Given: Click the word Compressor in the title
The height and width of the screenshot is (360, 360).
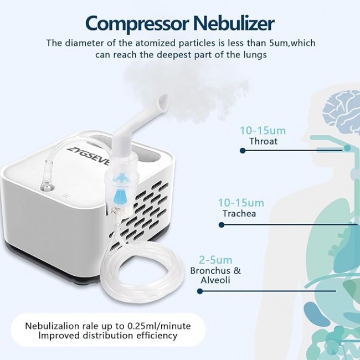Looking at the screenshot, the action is point(137,24).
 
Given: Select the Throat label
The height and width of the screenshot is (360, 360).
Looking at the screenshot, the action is point(263,141).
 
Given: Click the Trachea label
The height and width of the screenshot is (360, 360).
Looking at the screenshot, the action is point(239,214).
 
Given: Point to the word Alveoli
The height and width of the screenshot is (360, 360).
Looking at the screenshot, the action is point(215,280).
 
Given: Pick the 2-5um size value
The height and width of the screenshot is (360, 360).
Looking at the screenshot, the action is point(215,260).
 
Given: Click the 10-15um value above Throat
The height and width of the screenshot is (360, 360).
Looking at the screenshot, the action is point(263,131).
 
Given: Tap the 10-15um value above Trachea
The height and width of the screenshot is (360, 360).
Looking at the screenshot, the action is point(241,203).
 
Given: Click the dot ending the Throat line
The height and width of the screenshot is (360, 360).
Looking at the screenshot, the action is point(243,151).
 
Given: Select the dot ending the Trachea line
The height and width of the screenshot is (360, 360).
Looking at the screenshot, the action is point(222,224).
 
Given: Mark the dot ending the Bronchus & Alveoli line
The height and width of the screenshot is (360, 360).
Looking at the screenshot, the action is point(200,291).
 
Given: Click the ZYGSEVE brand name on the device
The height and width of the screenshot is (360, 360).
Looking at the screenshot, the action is point(89,157).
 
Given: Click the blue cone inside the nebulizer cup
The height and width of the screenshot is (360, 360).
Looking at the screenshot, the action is point(120,194).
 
